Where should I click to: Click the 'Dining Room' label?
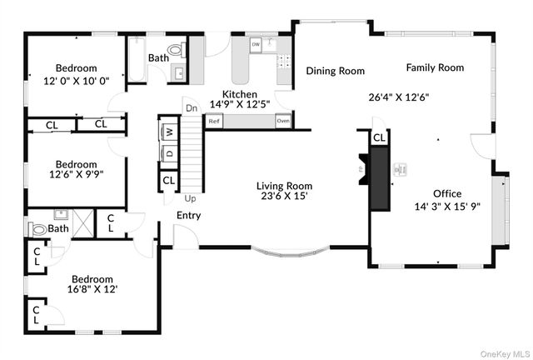click(335, 71)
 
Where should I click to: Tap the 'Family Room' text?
click(435, 67)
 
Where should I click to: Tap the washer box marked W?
click(168, 132)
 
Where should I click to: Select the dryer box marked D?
click(168, 152)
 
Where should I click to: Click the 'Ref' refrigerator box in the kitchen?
click(214, 122)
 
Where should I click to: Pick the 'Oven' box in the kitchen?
click(283, 122)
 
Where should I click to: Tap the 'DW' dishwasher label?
click(256, 43)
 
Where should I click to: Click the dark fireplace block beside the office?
click(381, 177)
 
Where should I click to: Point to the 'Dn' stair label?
click(191, 108)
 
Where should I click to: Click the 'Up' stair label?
click(189, 198)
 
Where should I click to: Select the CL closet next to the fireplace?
click(379, 138)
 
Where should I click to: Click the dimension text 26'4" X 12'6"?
click(398, 97)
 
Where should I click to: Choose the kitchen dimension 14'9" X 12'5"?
click(239, 105)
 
